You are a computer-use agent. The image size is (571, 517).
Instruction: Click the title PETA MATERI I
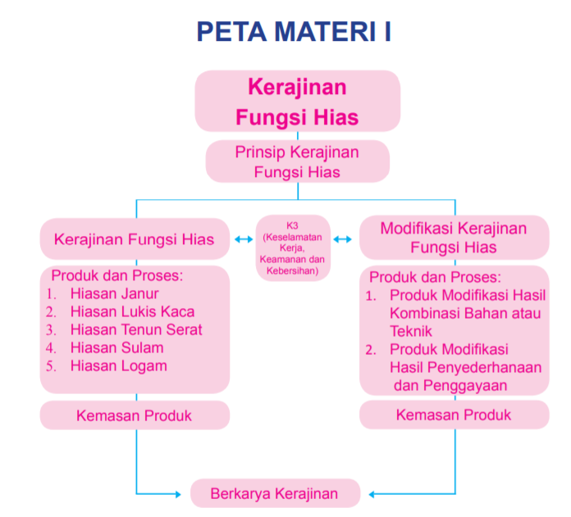click(294, 32)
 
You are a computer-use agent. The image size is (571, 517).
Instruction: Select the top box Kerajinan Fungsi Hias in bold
click(297, 102)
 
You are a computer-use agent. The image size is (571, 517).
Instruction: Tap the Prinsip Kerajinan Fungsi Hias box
click(297, 161)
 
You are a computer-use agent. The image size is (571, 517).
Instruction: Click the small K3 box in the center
click(293, 247)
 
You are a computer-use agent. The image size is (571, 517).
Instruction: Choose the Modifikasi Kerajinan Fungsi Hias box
click(454, 238)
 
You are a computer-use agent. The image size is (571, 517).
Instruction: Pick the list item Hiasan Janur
click(114, 293)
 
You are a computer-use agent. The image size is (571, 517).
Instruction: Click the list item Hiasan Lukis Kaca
click(132, 311)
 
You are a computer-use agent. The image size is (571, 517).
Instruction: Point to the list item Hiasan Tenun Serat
click(136, 329)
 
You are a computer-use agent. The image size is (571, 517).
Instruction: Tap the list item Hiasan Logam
click(118, 365)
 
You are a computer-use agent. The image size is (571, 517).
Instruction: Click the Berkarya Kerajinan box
click(275, 494)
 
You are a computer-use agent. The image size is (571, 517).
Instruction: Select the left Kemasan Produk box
click(134, 415)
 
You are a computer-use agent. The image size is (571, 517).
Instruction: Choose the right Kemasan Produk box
click(454, 415)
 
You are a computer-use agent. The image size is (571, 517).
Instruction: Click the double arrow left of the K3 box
click(243, 239)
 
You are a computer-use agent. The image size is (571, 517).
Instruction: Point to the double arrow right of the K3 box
click(343, 239)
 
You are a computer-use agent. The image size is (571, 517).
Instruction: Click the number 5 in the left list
click(50, 366)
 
